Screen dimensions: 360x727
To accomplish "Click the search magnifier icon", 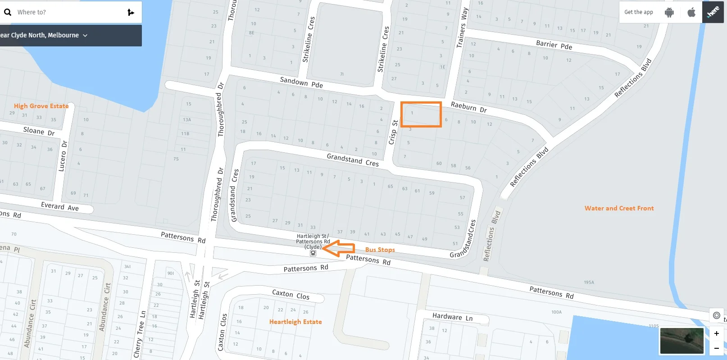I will click(8, 12).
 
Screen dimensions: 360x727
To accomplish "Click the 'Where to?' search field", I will click(68, 12).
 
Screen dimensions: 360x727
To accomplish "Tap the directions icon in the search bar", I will click(131, 12).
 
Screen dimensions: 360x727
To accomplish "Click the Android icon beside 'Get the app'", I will click(669, 12).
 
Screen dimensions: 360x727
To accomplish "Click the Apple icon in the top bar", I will click(691, 12).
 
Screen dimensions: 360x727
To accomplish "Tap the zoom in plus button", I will click(716, 333).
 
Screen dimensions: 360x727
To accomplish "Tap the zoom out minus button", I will click(716, 348).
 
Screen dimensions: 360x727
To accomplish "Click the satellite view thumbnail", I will click(682, 341).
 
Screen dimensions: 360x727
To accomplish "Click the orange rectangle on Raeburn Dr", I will click(421, 114).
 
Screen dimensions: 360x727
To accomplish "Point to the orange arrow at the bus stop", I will click(339, 248).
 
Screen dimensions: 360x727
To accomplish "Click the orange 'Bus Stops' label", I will click(380, 250).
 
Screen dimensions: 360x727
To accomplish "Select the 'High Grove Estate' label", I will click(41, 106).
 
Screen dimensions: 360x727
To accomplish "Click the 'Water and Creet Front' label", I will click(619, 208).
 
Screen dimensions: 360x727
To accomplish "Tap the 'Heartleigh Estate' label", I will click(295, 322).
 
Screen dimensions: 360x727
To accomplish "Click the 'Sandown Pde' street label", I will click(301, 82).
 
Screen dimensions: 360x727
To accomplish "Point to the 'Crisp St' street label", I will click(393, 132).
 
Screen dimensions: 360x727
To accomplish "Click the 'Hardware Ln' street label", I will click(452, 317).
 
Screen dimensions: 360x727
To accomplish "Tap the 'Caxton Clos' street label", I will click(291, 295).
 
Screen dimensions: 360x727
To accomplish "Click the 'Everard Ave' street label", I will click(60, 206).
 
